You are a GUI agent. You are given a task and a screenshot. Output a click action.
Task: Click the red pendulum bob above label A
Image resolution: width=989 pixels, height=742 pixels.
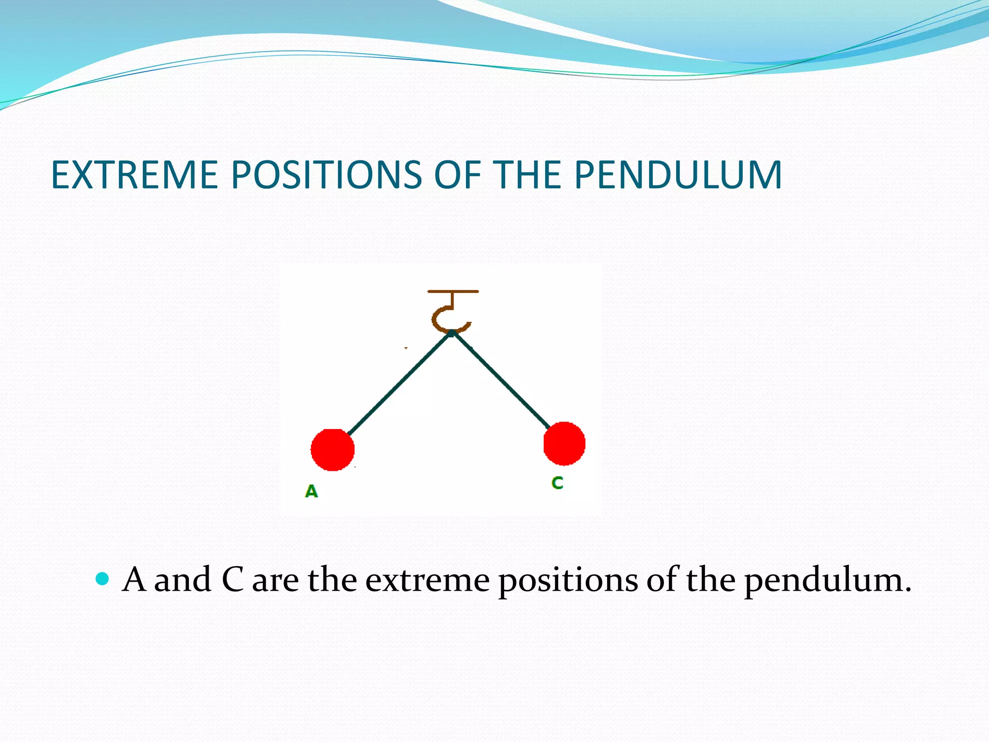point(332,449)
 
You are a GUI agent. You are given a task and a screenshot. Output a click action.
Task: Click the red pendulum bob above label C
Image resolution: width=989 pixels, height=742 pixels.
point(564,443)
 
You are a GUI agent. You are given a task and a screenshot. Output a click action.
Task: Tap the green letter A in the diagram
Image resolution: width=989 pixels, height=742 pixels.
point(311,491)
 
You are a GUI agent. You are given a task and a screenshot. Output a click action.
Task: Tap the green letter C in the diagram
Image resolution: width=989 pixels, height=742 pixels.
point(557,483)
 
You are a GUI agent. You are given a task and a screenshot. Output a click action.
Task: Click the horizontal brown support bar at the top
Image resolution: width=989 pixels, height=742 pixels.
point(453,291)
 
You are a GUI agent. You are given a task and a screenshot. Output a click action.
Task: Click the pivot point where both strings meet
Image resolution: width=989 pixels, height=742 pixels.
point(451,333)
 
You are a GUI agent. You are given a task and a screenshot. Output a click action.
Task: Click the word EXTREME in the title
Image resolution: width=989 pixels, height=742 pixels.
point(134,175)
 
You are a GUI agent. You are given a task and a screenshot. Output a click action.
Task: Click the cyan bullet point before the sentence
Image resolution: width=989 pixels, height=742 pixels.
point(102,578)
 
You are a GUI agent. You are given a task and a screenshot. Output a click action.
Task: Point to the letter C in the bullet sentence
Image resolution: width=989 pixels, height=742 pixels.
point(232,579)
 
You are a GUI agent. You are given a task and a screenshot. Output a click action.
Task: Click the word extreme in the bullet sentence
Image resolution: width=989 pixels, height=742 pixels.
point(427,580)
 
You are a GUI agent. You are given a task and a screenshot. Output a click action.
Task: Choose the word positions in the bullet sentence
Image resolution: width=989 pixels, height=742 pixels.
point(568,580)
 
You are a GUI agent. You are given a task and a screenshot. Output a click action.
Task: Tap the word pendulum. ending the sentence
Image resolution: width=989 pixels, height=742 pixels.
point(827,580)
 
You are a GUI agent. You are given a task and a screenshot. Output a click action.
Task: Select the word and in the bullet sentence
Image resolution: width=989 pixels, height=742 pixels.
point(183,579)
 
